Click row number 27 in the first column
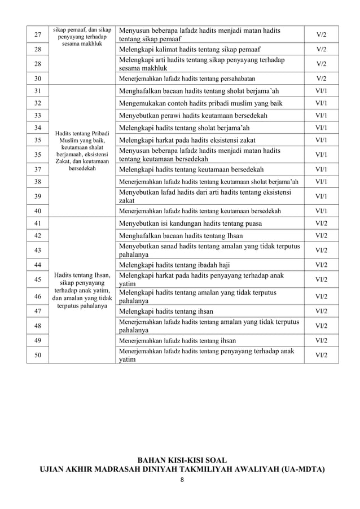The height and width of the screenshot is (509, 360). point(37,35)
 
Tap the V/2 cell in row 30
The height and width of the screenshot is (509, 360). point(321,78)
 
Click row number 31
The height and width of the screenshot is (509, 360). point(37,91)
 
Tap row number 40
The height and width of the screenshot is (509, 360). point(37,211)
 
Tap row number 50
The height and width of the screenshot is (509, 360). point(37,354)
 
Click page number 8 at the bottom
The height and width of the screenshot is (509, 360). point(180,480)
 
